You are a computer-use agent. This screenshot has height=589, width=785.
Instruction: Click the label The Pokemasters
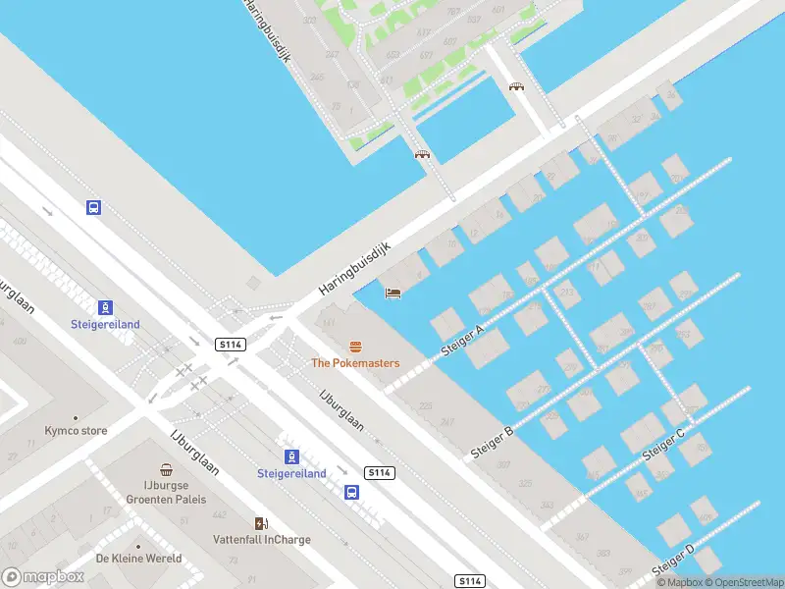(355, 363)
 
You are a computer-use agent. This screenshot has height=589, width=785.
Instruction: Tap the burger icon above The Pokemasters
(355, 346)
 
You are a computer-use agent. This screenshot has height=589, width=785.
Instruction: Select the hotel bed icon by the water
(392, 293)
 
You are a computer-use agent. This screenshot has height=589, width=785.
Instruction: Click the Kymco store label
(76, 431)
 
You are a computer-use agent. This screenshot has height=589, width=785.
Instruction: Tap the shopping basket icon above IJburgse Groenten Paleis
(167, 471)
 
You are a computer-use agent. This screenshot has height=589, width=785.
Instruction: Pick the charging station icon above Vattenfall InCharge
(261, 522)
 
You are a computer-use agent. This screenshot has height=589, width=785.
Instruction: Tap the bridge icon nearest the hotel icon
(422, 154)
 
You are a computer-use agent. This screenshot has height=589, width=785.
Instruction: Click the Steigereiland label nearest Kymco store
(105, 324)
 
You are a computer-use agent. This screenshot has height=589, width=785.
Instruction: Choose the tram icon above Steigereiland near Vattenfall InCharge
(291, 456)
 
